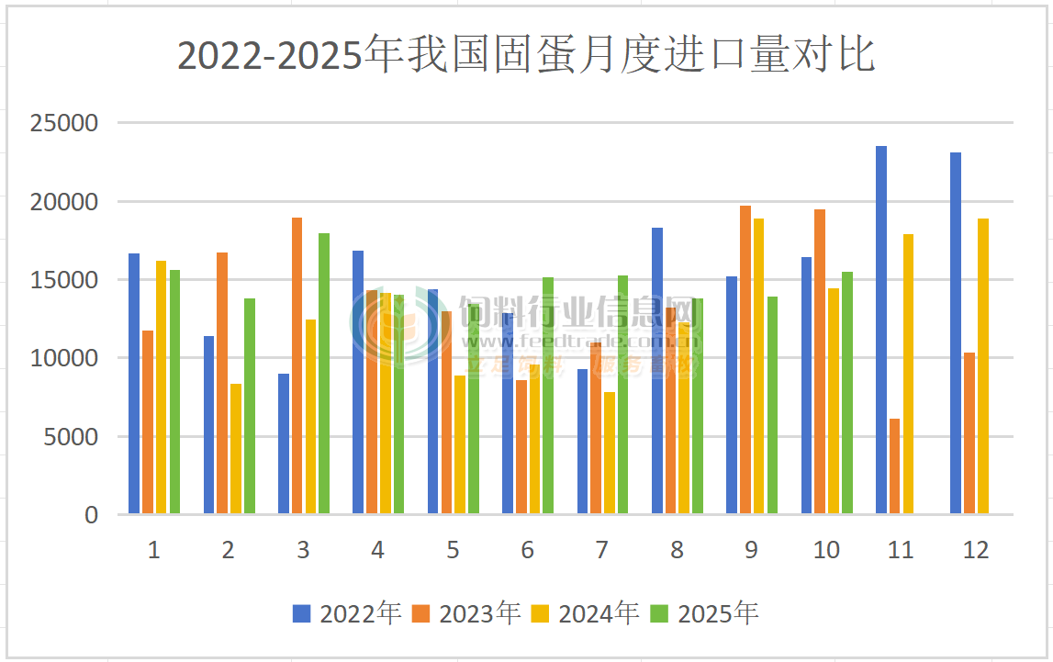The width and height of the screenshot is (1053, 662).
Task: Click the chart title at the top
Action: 526,55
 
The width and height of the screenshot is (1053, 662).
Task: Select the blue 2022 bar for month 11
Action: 881,331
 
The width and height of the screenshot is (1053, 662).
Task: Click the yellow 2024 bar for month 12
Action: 983,366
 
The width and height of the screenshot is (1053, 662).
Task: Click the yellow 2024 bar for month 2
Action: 236,449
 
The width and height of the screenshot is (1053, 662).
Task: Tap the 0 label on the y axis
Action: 91,515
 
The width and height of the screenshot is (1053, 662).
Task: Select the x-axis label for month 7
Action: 602,550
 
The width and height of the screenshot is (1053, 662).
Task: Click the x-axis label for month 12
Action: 976,550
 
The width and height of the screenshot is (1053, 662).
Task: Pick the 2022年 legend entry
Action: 347,613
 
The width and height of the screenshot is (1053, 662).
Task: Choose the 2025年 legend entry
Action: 705,613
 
